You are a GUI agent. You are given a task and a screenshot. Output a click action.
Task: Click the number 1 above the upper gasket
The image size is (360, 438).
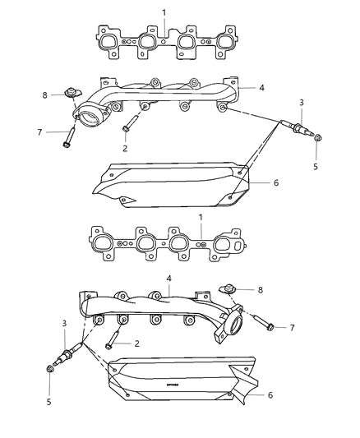coord(164,12)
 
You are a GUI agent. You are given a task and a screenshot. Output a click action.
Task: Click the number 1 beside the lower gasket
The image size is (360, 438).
coord(201,217)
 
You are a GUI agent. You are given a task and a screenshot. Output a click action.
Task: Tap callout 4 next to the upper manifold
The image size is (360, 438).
coord(262,86)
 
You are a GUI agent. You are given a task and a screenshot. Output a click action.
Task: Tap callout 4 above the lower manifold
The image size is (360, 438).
coord(168,279)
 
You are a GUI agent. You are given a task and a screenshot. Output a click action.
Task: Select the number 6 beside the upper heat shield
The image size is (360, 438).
coord(276,182)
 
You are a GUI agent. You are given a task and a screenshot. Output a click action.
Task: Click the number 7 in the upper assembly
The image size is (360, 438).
coord(40,131)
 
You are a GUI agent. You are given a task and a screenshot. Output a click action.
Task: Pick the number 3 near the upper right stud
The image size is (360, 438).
coord(302,102)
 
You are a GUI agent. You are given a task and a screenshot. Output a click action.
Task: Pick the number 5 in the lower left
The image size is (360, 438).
coord(48,402)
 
